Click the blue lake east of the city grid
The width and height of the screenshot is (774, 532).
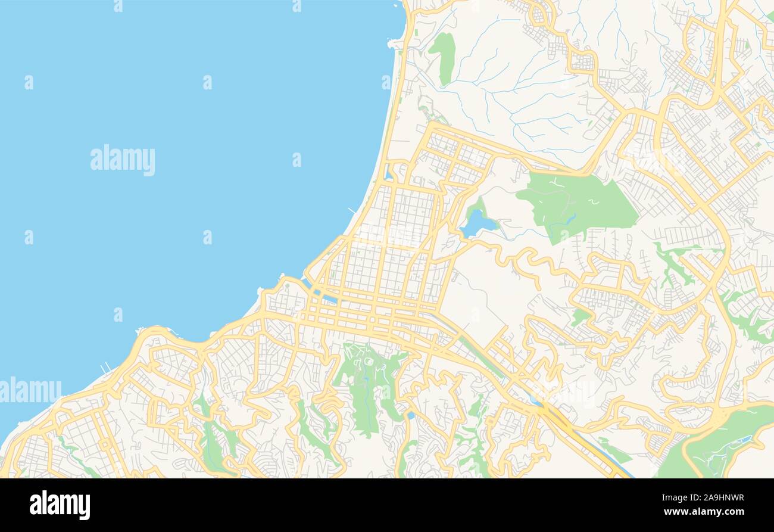[x=477, y=225]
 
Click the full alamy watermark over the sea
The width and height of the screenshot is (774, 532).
[x=123, y=160]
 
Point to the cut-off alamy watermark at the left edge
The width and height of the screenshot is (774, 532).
[x=30, y=390]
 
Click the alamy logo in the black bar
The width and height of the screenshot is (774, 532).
[x=60, y=505]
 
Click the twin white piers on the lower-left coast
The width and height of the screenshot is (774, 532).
[x=106, y=368]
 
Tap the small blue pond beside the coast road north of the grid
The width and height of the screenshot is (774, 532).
[x=389, y=175]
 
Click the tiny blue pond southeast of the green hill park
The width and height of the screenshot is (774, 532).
[x=411, y=415]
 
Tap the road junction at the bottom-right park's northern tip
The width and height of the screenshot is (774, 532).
[x=717, y=412]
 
